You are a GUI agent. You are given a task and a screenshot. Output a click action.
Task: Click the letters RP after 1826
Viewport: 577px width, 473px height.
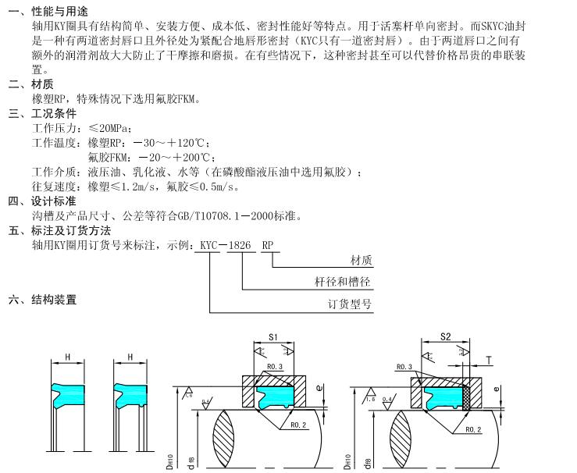click(267, 245)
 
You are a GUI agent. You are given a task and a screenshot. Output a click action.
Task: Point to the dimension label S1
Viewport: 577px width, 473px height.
click(273, 336)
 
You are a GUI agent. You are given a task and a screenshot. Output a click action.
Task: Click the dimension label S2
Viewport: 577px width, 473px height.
click(445, 336)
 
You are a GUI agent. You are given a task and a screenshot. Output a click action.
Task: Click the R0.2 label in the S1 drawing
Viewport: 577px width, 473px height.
click(297, 426)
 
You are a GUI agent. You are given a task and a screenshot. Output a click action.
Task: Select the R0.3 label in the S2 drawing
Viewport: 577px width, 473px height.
click(404, 366)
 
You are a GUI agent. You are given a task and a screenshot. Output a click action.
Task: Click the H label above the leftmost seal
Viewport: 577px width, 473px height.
click(68, 357)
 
